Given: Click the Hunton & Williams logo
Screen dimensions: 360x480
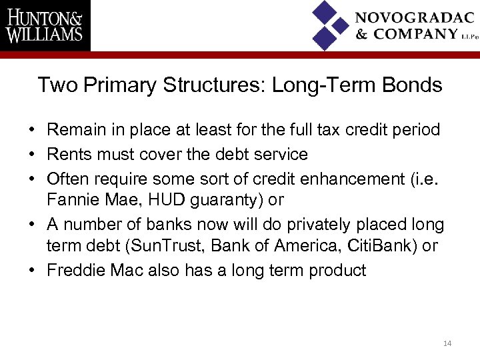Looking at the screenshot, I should coord(45,25).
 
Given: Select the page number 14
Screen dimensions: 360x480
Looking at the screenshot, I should coord(447,343).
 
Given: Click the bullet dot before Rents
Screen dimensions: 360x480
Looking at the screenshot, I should coord(33,155).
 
